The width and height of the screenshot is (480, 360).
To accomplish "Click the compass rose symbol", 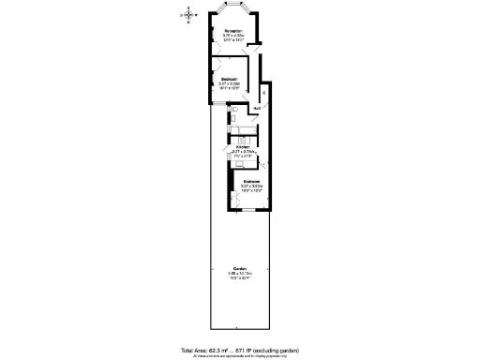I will point(189,14).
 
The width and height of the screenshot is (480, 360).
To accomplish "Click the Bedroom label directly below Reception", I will point(230,79).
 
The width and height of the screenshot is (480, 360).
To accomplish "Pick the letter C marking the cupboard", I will point(264,92).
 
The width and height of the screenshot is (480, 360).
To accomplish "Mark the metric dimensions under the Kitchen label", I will point(244,152).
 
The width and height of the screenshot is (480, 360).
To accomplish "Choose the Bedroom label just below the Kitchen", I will point(252,181).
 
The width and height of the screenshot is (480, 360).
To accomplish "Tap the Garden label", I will point(240,268).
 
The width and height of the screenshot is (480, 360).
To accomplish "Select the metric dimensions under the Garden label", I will point(240,273).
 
